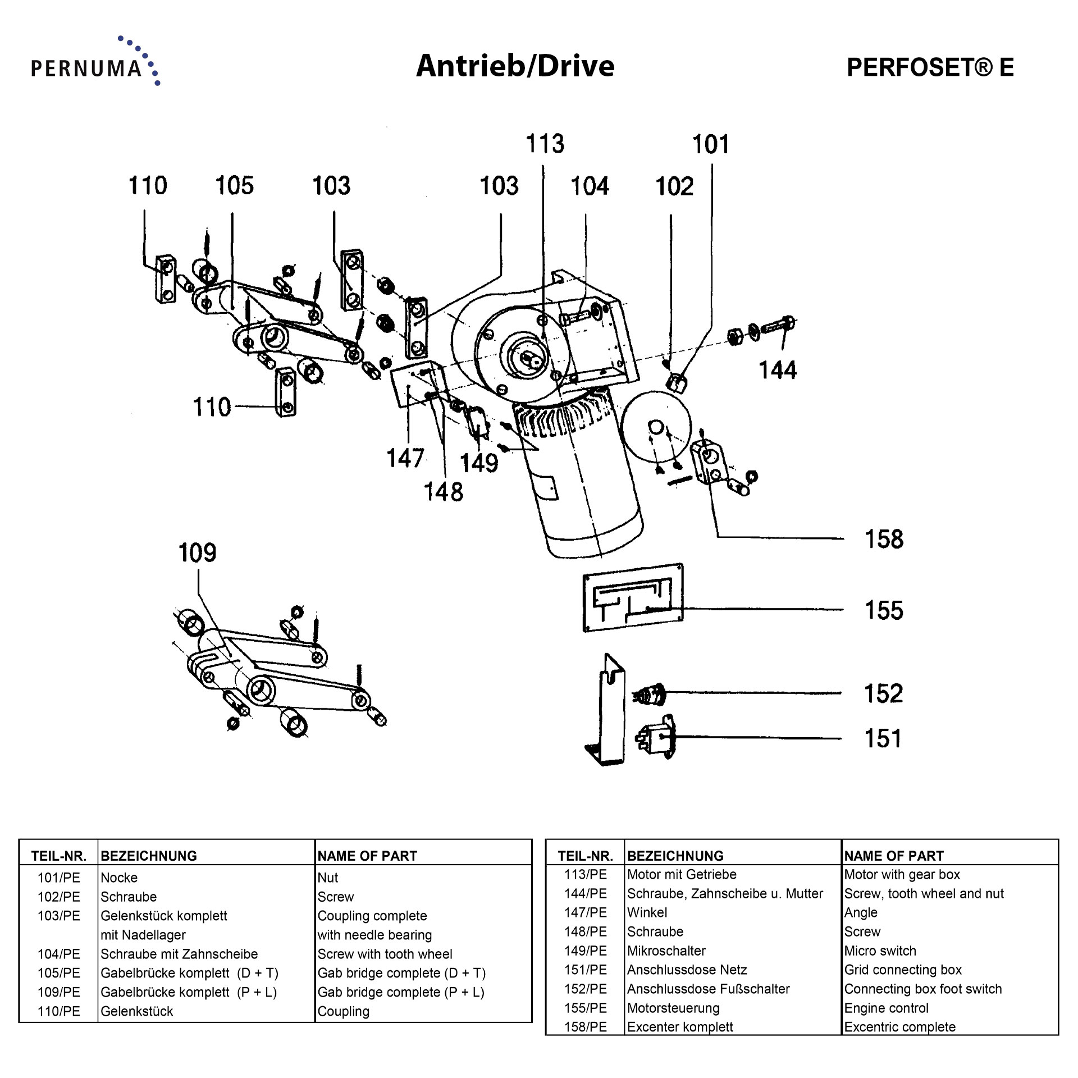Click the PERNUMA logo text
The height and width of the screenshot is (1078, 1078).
[86, 68]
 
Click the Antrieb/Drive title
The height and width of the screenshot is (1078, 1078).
[515, 66]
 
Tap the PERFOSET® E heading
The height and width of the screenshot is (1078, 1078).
[930, 67]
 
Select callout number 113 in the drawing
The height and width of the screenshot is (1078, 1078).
[545, 144]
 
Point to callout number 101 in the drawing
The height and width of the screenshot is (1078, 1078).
[710, 144]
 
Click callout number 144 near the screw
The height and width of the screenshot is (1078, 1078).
[777, 371]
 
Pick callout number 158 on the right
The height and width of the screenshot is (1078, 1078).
[884, 539]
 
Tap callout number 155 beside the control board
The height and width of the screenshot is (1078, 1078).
[884, 610]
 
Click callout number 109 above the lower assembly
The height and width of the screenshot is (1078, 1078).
[197, 553]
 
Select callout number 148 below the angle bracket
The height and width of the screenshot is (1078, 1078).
[443, 492]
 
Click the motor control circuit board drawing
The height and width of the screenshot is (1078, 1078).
[633, 597]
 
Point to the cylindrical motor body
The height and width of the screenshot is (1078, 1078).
[587, 494]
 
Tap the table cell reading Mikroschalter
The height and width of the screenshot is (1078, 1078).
[666, 951]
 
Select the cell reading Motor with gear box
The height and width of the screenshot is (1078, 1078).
[902, 874]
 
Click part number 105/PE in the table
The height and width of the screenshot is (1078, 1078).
[58, 973]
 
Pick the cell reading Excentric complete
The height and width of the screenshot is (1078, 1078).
[899, 1027]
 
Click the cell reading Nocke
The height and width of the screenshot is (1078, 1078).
[119, 878]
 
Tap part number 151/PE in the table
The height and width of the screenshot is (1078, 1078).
[585, 970]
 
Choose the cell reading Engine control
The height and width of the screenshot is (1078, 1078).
[886, 1008]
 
